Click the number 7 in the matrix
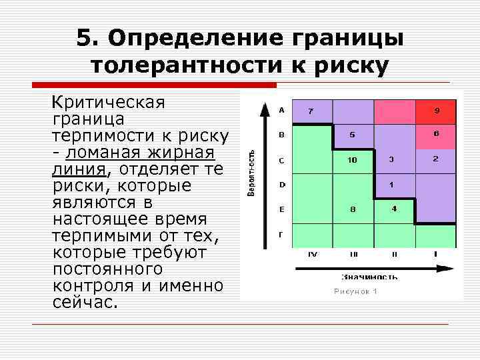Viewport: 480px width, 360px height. point(311,111)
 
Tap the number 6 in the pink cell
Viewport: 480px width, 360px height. point(435,134)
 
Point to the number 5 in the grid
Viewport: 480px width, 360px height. point(352,135)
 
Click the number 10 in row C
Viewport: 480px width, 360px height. point(352,160)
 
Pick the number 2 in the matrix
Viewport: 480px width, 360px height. point(435,159)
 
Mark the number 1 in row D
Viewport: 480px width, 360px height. point(391,184)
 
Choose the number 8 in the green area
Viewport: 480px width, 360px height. point(353,209)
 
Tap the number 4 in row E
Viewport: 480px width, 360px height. point(394,209)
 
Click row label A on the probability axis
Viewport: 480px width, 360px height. point(281,109)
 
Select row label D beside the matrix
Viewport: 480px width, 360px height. point(281,185)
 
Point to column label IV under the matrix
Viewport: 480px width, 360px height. point(311,254)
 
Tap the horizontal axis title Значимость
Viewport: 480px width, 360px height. point(369,276)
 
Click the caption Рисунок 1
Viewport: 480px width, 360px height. point(355,291)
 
